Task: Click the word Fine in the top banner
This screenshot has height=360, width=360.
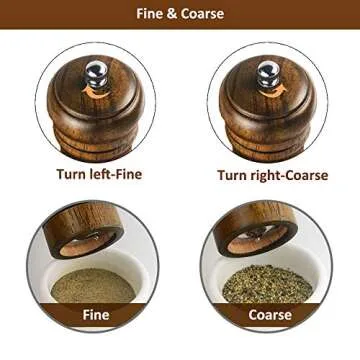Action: [152, 14]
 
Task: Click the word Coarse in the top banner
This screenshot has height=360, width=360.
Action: [203, 14]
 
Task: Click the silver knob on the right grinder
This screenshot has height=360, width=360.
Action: [268, 72]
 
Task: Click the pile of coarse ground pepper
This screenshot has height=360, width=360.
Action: [267, 285]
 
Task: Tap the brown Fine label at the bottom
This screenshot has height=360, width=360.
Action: [93, 314]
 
